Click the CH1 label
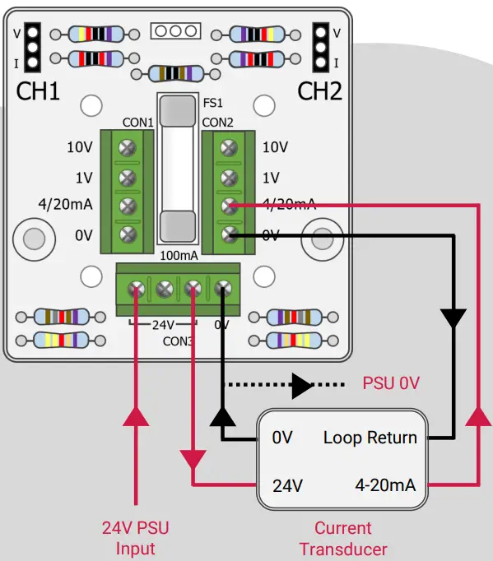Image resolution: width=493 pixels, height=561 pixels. [39, 90]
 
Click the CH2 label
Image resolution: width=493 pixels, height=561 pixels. [319, 90]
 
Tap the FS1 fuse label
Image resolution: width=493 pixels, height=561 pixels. [214, 105]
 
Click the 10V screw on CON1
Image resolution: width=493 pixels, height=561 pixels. [128, 148]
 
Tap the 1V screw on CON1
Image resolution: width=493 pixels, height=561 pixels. [128, 178]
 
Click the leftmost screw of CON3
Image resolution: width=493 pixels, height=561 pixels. [137, 289]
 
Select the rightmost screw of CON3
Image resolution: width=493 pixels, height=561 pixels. [222, 289]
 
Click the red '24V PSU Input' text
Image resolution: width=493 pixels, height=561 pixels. [135, 538]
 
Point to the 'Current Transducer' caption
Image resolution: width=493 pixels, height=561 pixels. [343, 538]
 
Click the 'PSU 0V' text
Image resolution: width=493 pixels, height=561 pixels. [392, 383]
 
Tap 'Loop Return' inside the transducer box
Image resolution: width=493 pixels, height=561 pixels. [370, 438]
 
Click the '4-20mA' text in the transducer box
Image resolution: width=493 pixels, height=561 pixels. [385, 484]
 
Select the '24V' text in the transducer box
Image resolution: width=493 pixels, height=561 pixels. [288, 484]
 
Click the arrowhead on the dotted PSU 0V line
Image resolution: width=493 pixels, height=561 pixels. [301, 384]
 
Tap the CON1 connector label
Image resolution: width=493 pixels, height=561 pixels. [138, 123]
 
